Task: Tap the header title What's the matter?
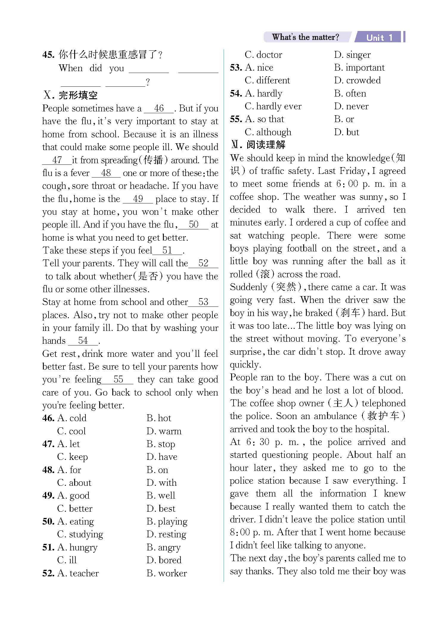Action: (305, 37)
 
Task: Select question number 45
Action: (48, 55)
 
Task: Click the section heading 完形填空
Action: (78, 95)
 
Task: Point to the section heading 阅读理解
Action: (266, 145)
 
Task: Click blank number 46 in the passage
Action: (159, 108)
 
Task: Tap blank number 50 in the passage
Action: (194, 225)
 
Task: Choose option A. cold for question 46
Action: (72, 418)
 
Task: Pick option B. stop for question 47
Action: (161, 444)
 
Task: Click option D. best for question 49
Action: (161, 508)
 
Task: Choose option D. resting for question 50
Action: (166, 534)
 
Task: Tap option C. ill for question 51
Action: (67, 560)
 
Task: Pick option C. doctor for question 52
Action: (263, 55)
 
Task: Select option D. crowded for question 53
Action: (357, 80)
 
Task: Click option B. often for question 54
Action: (350, 94)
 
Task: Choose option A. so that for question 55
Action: (265, 119)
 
